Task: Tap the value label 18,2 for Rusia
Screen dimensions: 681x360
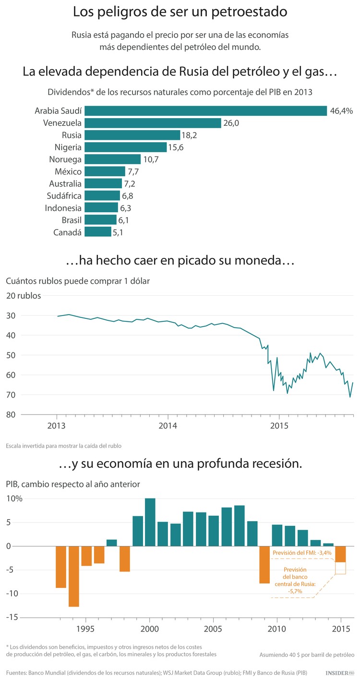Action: pos(189,135)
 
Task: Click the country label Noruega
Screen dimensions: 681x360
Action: pos(65,159)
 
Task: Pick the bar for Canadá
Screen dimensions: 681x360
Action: pos(97,232)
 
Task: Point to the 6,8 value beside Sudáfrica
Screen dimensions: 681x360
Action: pos(128,196)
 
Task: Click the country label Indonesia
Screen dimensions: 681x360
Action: pos(63,208)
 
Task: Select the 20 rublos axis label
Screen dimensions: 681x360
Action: pos(24,295)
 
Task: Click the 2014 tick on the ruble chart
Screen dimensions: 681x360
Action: pos(168,425)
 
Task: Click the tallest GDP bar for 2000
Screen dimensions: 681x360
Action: pos(150,522)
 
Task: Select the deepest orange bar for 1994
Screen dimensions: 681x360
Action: pos(73,576)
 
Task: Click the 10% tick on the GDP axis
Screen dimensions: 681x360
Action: pos(14,499)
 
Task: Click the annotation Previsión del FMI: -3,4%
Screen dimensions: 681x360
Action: pos(302,553)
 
